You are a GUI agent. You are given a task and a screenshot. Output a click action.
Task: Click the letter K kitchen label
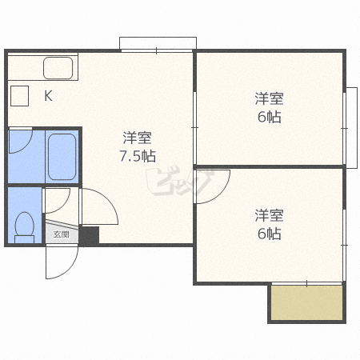(48, 95)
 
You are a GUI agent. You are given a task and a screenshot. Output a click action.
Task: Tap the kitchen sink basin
(58, 68)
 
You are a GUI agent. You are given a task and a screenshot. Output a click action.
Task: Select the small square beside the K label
(19, 96)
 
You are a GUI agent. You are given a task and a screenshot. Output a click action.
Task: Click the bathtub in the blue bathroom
(62, 157)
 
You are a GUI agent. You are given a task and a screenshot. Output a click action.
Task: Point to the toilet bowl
(25, 227)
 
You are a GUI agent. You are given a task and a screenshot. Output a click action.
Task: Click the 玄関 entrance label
(62, 234)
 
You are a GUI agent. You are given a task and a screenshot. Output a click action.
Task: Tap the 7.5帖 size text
(138, 156)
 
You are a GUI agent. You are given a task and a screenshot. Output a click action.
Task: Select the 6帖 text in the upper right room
(269, 117)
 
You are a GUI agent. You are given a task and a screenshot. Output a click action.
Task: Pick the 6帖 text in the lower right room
(269, 234)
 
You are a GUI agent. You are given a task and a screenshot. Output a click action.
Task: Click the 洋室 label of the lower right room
(269, 215)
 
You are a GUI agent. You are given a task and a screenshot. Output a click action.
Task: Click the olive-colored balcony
(306, 302)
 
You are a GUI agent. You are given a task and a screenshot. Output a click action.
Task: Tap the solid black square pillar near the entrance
(90, 235)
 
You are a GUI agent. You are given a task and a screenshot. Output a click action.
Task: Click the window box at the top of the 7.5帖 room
(158, 43)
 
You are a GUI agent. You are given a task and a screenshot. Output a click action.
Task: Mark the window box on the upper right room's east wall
(351, 128)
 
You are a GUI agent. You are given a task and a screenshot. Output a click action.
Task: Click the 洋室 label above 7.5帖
(138, 138)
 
